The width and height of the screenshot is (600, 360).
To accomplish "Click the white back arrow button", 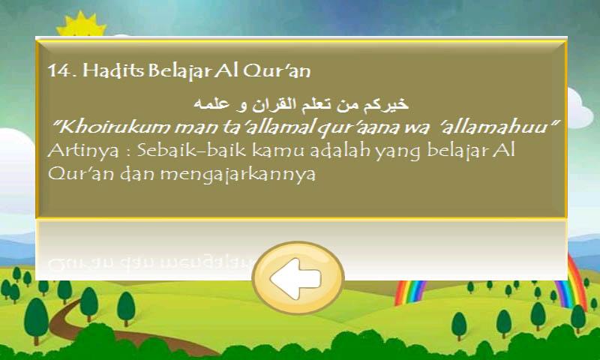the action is coord(298,277).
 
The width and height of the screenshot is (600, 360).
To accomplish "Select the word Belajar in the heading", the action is coord(179,71).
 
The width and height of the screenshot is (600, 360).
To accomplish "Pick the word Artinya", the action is coord(83,151).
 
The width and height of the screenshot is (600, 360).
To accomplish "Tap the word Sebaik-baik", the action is coord(191,150).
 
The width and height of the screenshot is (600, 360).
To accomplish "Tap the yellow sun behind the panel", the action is coord(81,25).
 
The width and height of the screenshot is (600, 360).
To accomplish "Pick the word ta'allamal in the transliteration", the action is coord(268,127).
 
